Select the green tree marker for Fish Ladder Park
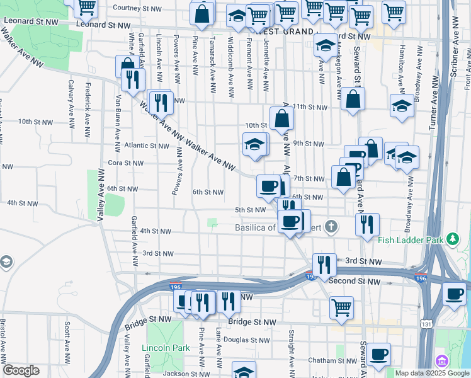[453, 239]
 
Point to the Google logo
[21, 371]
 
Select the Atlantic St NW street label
[147, 146]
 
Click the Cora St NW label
[125, 163]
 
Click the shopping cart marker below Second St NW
[341, 307]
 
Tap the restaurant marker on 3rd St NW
[324, 265]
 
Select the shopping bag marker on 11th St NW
[353, 99]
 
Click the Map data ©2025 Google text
[431, 373]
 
